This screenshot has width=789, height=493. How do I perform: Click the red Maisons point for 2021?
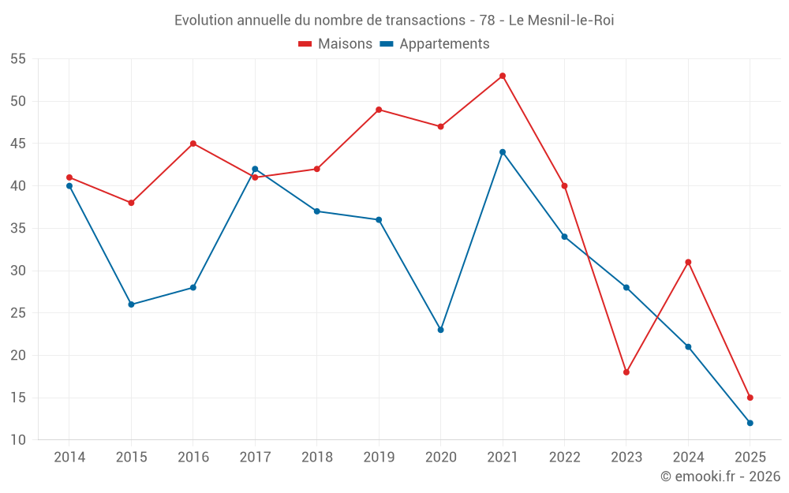503,76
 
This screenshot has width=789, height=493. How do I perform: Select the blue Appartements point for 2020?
440,330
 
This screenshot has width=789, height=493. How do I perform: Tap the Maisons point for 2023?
626,372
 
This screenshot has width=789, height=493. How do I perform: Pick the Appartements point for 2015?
131,304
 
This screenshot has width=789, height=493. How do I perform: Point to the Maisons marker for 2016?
193,144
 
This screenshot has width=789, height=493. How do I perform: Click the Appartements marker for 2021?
503,152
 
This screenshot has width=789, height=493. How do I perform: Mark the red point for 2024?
688,262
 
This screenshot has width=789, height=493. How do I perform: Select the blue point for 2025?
750,423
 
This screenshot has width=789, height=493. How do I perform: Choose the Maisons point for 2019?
379,110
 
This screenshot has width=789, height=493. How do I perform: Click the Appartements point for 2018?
316,211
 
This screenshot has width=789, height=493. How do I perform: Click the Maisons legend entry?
335,44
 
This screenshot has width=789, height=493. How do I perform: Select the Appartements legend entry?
435,44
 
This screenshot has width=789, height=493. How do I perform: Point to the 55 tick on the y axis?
18,59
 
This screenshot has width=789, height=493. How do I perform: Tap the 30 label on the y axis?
18,271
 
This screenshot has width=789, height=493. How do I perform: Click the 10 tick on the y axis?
18,440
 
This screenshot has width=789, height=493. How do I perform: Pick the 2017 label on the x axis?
255,458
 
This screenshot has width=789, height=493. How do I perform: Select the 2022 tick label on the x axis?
564,458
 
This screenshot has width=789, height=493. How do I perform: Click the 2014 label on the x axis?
69,458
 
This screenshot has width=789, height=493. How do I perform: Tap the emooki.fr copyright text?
720,476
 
